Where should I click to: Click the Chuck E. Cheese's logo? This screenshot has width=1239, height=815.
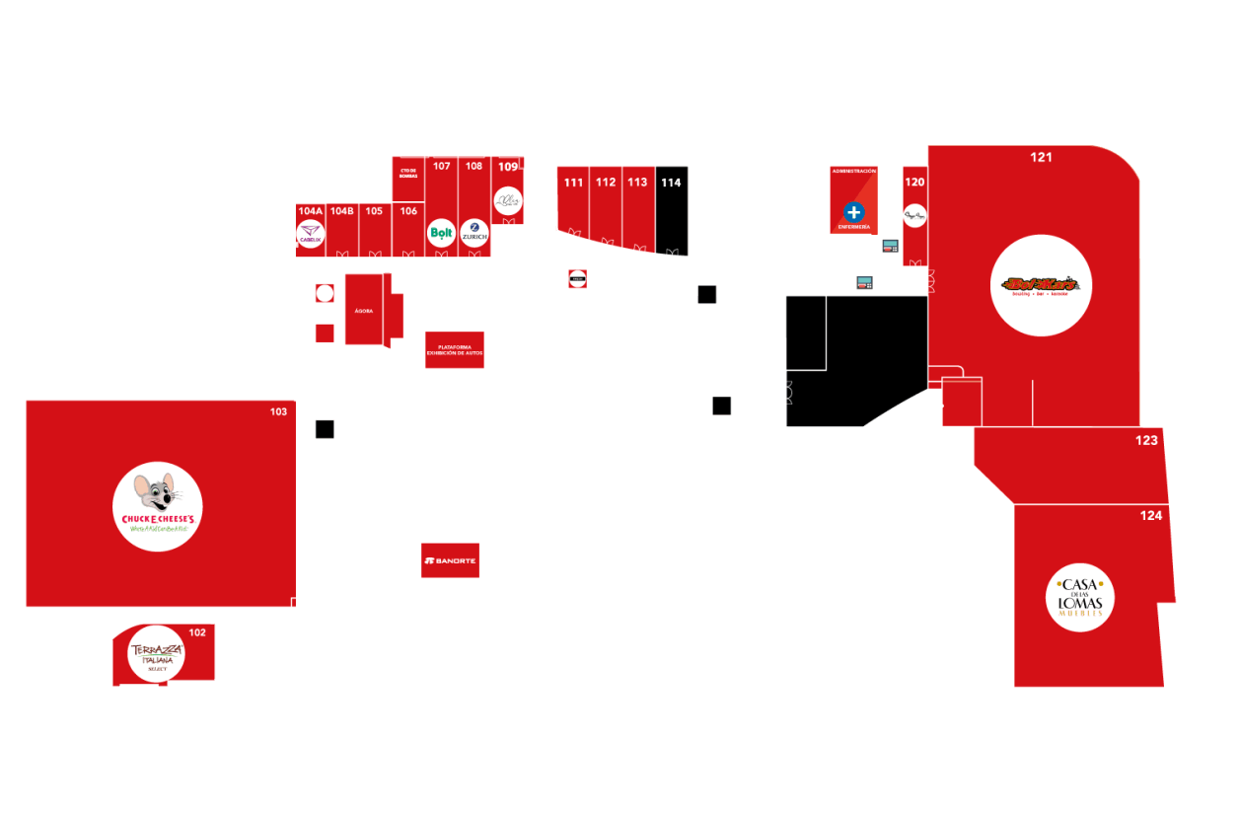point(157,506)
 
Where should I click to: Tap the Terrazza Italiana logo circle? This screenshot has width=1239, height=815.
point(156,654)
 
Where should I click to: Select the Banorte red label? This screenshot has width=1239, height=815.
point(450,560)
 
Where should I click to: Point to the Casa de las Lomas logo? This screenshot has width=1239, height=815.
point(1080,597)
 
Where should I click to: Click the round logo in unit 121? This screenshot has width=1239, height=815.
point(1041,285)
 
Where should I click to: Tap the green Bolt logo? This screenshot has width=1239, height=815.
point(441,234)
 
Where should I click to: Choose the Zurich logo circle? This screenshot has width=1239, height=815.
point(474,233)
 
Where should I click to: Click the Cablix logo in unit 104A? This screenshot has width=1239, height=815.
point(310,235)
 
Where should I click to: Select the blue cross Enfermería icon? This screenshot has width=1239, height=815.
point(853,212)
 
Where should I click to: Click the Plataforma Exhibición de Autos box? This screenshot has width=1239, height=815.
point(455,349)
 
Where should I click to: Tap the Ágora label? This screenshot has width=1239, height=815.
point(363,310)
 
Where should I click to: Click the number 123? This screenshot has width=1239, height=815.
point(1146,440)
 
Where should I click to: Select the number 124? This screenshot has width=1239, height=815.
point(1151,515)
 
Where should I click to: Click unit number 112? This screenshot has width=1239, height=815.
point(606,183)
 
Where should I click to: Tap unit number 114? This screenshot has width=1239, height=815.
point(671,183)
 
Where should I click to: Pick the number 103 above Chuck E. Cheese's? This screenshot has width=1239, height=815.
point(278,411)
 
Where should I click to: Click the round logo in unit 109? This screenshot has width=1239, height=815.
point(507,201)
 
